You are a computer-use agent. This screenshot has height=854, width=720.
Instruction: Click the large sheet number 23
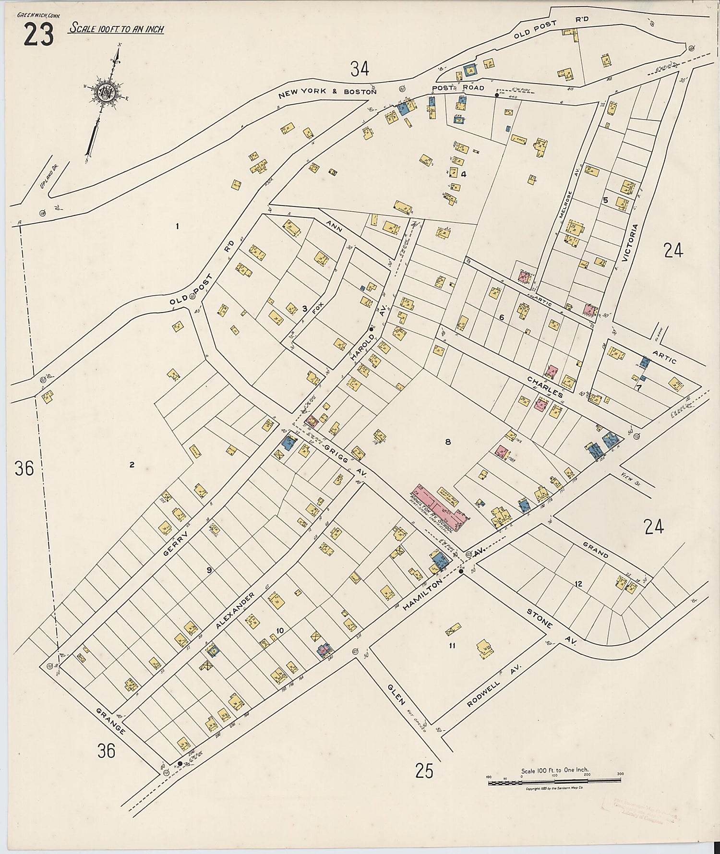[38, 35]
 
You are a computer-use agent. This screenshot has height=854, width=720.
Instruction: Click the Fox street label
[315, 305]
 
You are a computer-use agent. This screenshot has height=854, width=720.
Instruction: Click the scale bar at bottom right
[556, 783]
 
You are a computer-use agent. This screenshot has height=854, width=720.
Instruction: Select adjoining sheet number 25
[424, 771]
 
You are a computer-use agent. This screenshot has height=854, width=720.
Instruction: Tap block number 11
[452, 646]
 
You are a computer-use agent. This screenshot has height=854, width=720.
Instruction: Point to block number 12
[578, 584]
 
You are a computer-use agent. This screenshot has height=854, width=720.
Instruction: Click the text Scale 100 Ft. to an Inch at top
[116, 29]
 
